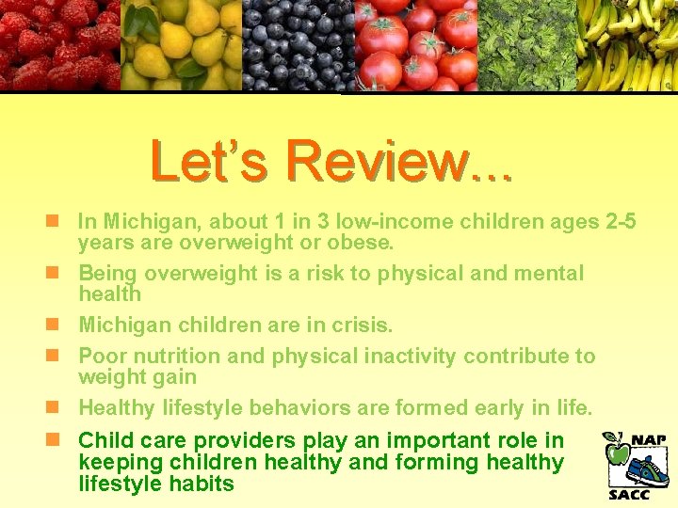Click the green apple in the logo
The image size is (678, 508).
pyautogui.click(x=617, y=453)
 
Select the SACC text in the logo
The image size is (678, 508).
pyautogui.click(x=629, y=494)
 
